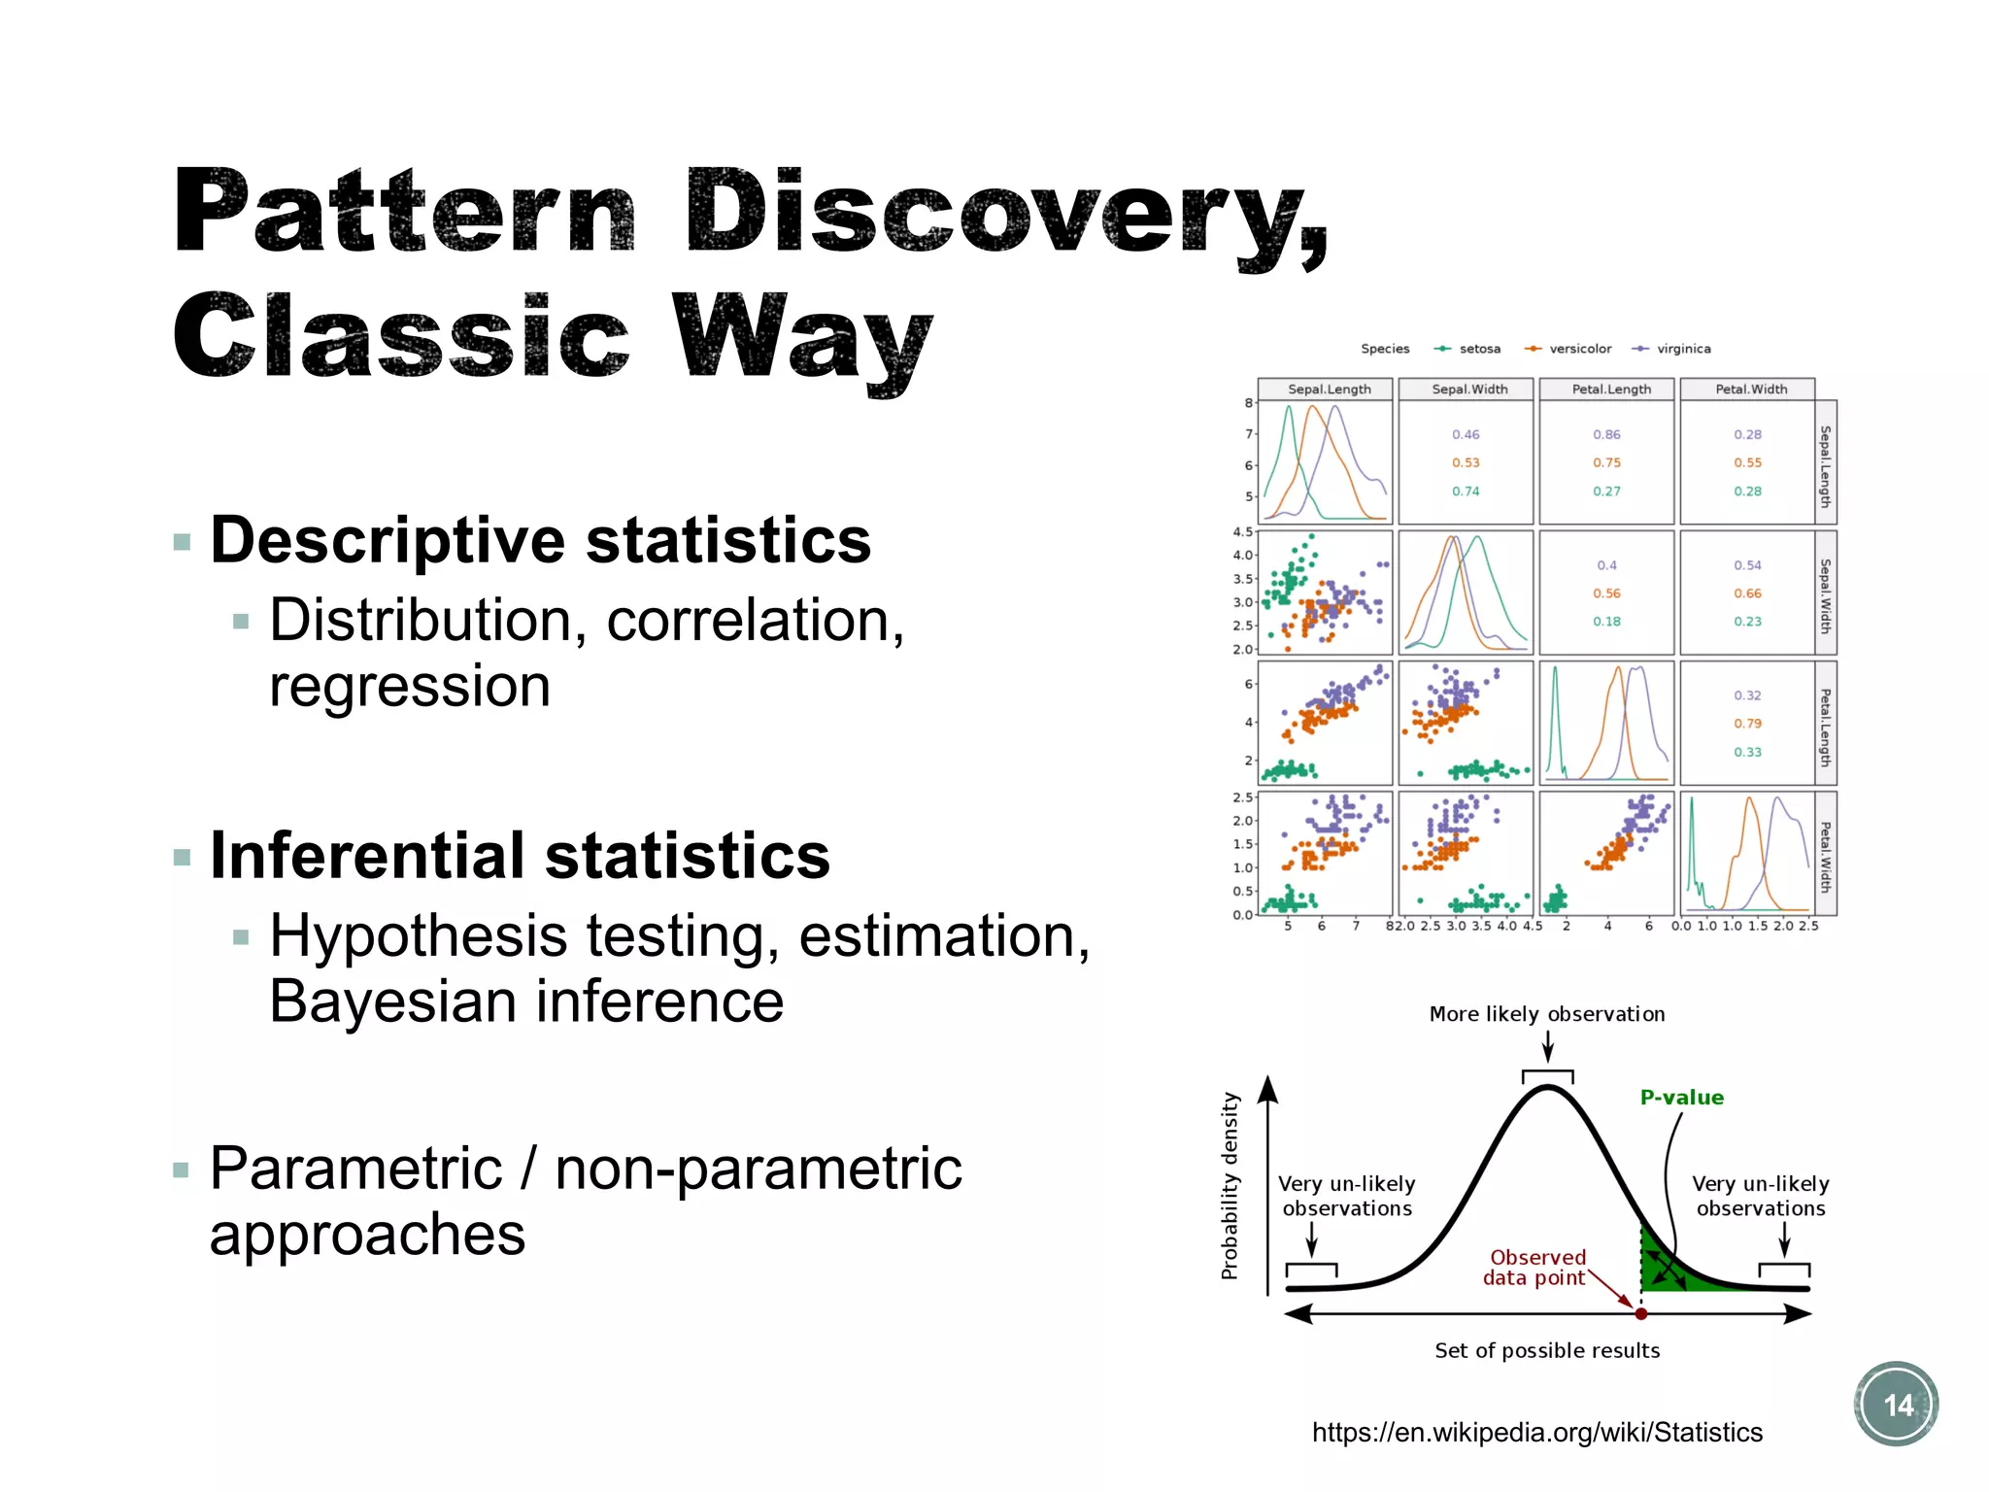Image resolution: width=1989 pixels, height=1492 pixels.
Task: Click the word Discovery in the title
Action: [1005, 212]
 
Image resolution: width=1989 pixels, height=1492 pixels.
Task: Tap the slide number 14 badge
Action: [1896, 1404]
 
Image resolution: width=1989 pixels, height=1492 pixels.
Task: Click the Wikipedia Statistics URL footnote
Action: [1536, 1432]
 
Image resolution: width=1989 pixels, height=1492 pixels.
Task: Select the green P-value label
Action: [1681, 1097]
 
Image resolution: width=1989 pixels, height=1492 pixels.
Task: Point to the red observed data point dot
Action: [1640, 1313]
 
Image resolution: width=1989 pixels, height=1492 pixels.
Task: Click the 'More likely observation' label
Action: [1546, 1014]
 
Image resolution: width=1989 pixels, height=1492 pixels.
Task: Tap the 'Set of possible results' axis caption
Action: [1546, 1350]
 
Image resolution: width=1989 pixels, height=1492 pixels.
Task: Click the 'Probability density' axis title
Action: [1230, 1185]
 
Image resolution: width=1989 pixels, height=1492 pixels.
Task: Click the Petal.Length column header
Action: [1610, 390]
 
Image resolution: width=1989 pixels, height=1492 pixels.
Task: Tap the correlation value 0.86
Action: [1606, 434]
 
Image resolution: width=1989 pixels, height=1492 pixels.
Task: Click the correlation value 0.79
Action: [1746, 724]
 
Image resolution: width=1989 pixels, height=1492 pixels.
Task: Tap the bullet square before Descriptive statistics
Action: [182, 542]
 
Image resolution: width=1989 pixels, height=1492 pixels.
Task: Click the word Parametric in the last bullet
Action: [355, 1169]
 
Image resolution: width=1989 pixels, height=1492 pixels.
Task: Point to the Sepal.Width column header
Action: [1468, 390]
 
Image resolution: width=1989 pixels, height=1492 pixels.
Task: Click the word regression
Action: [409, 687]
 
